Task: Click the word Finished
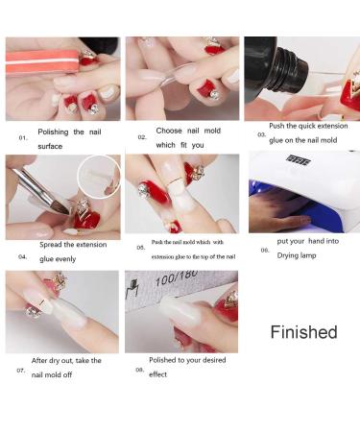coord(303,332)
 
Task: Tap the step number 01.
coord(23,138)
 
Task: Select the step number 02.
coord(142,137)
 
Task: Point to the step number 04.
coord(22,256)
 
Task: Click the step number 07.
coord(21,371)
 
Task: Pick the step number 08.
coord(139,370)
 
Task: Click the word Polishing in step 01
coord(53,132)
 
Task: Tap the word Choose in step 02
coord(169,131)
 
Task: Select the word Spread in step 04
coord(51,245)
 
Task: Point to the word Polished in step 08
coord(162,360)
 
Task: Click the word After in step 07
coord(39,360)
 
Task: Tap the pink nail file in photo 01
coord(42,61)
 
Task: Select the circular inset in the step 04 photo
coord(99,177)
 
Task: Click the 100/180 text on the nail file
coord(177,278)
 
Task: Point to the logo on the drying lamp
coord(299,159)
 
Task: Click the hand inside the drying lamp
coord(281,213)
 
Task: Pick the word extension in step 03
coord(332,126)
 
